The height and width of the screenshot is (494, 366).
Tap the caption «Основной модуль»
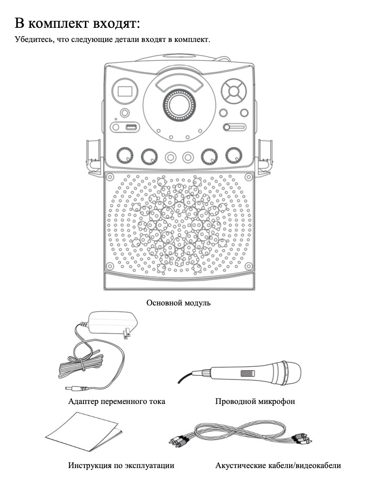(x=178, y=303)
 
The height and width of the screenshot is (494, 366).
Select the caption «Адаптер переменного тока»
(x=116, y=402)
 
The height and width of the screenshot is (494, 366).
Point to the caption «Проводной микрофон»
(x=255, y=402)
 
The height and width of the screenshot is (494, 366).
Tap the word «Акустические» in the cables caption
(x=241, y=466)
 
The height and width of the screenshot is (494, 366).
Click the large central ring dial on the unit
(x=178, y=104)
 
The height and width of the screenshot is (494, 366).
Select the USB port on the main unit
(x=131, y=127)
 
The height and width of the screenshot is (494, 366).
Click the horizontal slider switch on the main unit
(x=234, y=127)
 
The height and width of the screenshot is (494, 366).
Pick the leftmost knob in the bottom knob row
(x=125, y=156)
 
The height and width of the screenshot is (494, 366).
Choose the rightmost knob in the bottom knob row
(x=233, y=156)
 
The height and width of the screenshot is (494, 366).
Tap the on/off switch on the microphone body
(x=245, y=374)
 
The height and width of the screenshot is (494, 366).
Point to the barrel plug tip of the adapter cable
(x=71, y=389)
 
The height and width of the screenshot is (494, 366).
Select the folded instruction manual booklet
(x=84, y=432)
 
